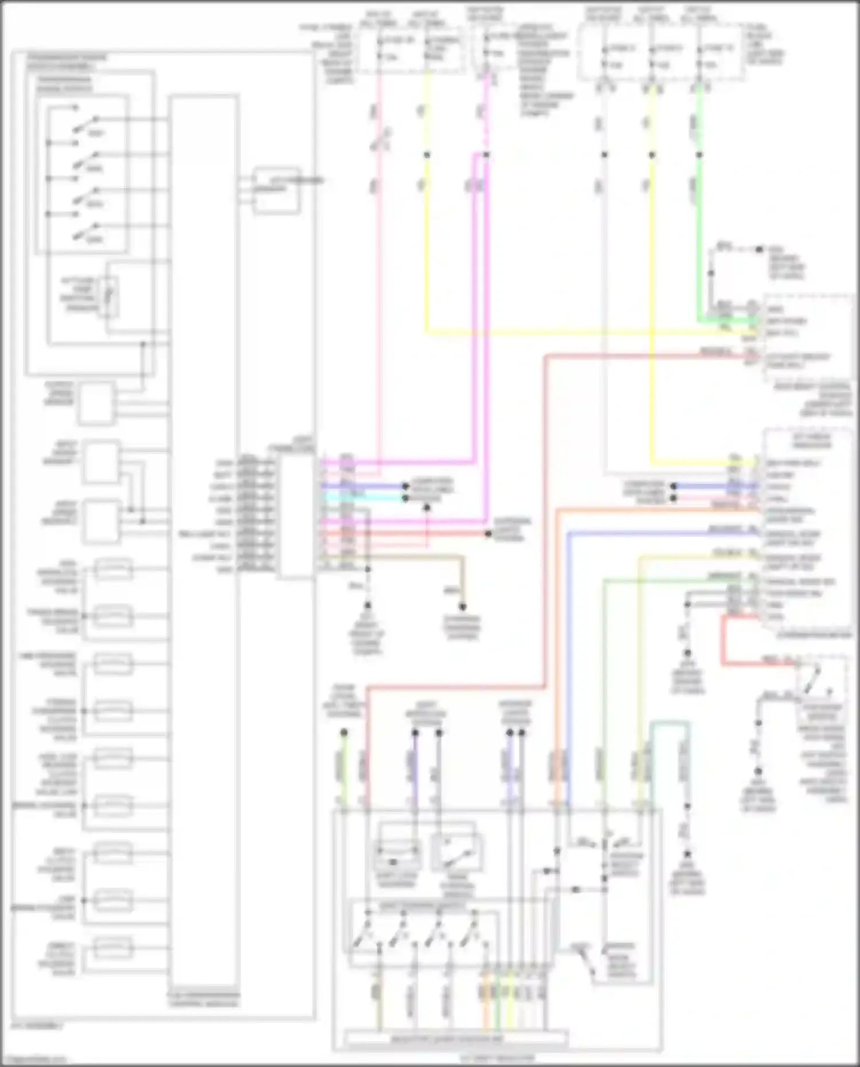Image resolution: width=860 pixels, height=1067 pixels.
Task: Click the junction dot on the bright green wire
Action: click(699, 155)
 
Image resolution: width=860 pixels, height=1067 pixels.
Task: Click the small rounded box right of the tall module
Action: click(276, 190)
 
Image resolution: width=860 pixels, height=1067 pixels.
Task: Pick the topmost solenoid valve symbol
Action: click(113, 569)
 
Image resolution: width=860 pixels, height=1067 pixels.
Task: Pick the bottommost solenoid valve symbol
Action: click(113, 948)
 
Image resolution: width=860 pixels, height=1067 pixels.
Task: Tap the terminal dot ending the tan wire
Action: click(462, 607)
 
